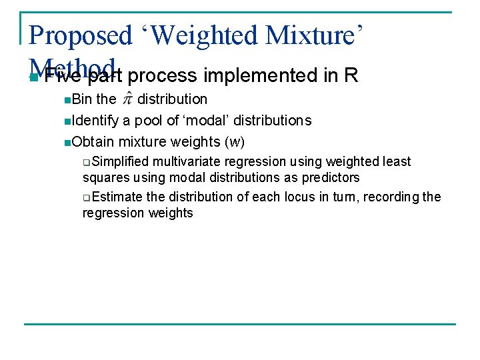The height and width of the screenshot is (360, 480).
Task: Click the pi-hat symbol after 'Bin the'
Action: (x=127, y=99)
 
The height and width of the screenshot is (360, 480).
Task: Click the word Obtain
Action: (x=93, y=142)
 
